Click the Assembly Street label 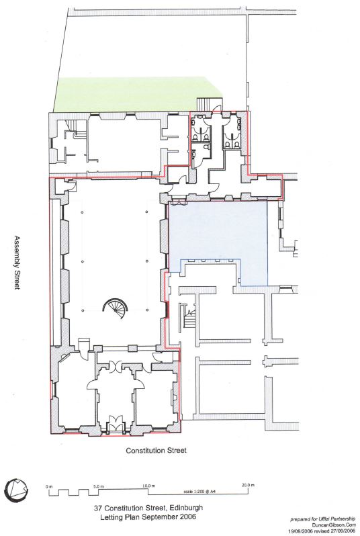(x=16, y=263)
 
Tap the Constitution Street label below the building (x=156, y=450)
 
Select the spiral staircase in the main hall (x=116, y=308)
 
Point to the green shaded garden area (x=137, y=94)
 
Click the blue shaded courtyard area (x=219, y=232)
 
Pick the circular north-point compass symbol (x=17, y=488)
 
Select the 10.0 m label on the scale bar (x=148, y=486)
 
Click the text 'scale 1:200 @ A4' (x=199, y=492)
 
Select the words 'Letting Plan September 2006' (x=148, y=517)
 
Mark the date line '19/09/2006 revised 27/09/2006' (x=321, y=531)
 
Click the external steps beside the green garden (x=205, y=103)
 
